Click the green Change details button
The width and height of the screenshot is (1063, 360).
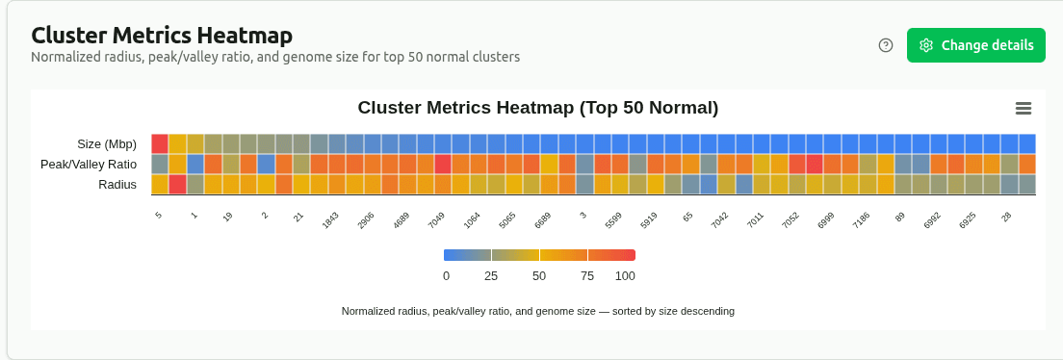point(975,45)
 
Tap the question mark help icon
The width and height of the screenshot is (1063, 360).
point(886,45)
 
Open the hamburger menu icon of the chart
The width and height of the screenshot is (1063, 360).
point(1023,108)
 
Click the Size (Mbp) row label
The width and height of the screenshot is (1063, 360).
point(107,144)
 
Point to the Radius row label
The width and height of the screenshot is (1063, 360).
point(117,185)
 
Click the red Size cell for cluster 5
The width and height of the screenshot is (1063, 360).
point(160,143)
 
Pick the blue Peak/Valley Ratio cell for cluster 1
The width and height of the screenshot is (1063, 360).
point(194,165)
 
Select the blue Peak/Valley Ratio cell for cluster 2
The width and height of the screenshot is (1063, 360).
point(266,165)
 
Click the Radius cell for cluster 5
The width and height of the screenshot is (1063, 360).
point(160,185)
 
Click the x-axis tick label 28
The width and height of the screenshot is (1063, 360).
point(1006,218)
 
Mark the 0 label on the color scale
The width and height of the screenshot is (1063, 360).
point(446,276)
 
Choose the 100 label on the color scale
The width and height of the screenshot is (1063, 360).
point(625,276)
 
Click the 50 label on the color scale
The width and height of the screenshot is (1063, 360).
point(539,276)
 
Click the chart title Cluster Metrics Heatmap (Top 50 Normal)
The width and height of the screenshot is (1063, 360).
point(537,108)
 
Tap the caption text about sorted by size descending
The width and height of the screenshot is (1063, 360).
point(537,312)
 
